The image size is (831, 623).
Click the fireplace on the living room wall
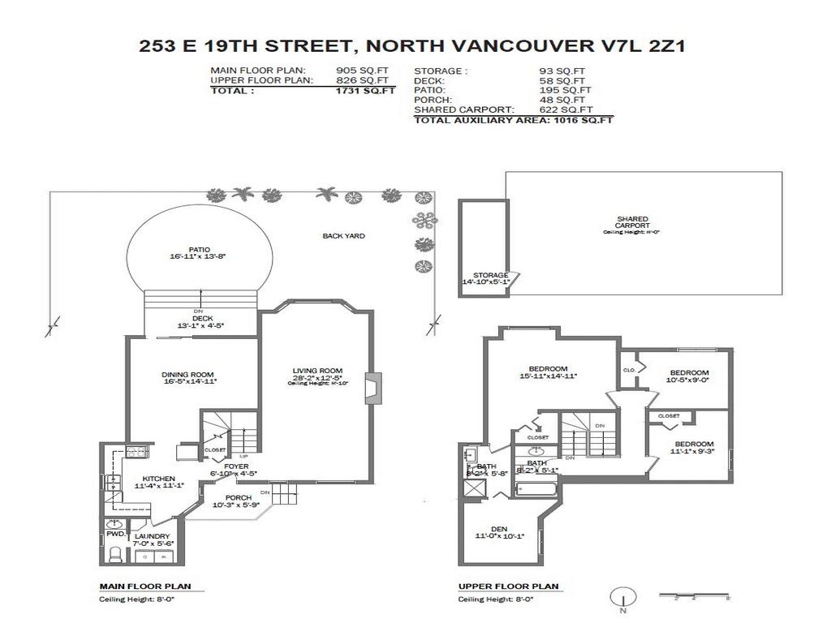[372, 387]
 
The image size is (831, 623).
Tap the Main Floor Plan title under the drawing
[139, 586]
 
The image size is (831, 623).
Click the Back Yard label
[343, 236]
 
